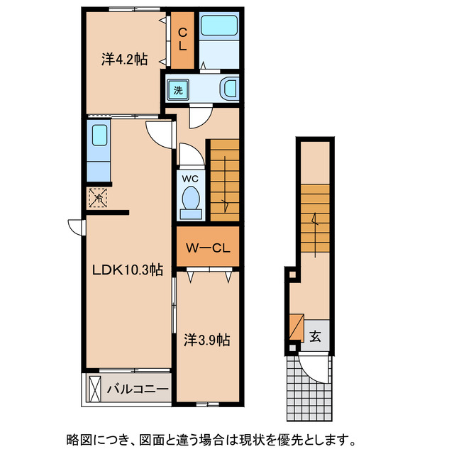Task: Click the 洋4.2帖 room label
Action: point(124,60)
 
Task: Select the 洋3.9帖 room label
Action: point(206,340)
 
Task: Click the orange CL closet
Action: point(182,39)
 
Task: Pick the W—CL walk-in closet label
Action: point(206,248)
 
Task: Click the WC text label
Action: point(190,178)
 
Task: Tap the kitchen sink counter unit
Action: point(97,150)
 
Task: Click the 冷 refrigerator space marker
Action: point(97,198)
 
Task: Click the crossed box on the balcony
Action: point(94,389)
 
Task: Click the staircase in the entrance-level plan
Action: point(314,220)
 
